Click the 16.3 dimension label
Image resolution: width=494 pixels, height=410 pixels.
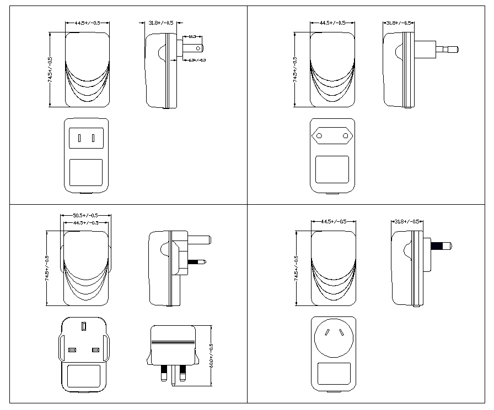[192, 36]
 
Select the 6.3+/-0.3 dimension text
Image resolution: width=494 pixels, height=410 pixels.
[197, 59]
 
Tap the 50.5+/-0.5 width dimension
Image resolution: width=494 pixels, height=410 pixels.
[85, 215]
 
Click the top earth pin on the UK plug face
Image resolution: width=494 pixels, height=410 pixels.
[84, 327]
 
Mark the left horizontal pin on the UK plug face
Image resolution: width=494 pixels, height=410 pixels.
[72, 351]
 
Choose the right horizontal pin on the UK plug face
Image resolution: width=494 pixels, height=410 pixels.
[96, 351]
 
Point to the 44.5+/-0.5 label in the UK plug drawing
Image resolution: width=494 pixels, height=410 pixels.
[85, 222]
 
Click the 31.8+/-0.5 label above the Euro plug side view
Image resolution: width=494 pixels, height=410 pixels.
[399, 23]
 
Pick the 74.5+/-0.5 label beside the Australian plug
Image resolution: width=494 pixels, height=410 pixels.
[296, 269]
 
